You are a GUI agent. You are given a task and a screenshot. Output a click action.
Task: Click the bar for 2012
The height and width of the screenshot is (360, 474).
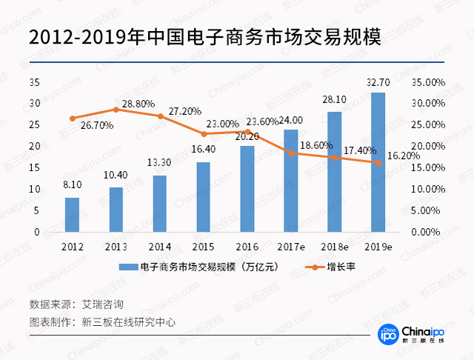tap(72, 215)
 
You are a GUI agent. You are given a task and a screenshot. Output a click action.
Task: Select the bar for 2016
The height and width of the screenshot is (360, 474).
tap(247, 189)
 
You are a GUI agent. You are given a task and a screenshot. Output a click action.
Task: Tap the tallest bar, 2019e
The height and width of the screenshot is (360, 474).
tap(378, 162)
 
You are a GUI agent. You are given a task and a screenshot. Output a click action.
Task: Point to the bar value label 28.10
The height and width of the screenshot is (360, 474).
tap(335, 99)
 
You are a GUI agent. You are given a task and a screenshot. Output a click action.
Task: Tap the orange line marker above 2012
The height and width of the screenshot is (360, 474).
tap(72, 119)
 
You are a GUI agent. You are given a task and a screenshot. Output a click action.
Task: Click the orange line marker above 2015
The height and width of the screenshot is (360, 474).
tap(204, 134)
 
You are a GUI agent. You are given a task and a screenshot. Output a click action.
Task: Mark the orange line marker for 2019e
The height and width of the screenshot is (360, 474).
tap(378, 163)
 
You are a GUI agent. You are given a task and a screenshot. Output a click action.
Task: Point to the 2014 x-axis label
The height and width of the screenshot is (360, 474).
tap(159, 245)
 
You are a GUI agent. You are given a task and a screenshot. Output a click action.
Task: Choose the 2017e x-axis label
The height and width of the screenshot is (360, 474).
tap(291, 245)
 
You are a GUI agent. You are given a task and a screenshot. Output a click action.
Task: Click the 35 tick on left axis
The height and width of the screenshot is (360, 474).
tap(34, 81)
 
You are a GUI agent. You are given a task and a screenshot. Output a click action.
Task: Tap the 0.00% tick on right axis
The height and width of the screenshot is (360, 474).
tap(430, 232)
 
